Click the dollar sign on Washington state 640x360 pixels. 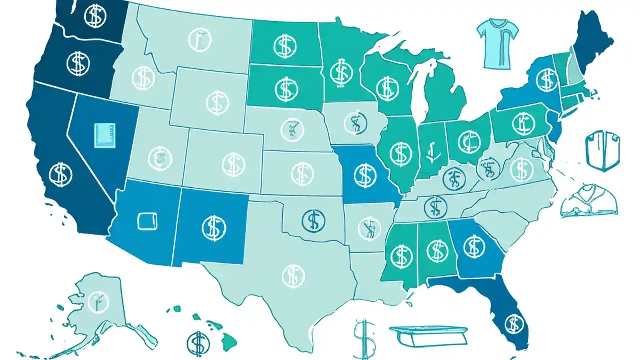(x=95, y=16)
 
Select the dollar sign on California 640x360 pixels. (x=61, y=174)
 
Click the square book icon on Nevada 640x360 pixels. (x=104, y=135)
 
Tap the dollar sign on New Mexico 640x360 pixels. (x=214, y=227)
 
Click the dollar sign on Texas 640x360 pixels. (x=293, y=275)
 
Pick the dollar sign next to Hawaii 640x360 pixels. (x=198, y=342)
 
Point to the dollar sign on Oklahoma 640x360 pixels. (x=314, y=219)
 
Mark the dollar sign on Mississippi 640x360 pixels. (x=400, y=255)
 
